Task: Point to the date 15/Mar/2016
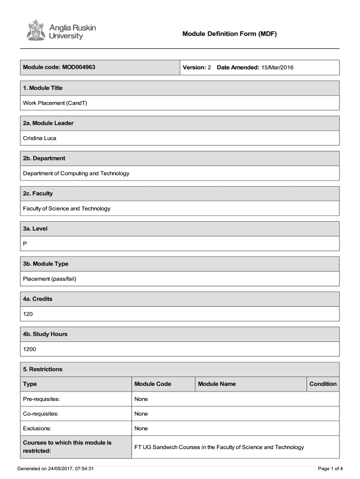click(277, 68)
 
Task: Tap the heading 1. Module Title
click(43, 88)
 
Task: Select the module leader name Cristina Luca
click(40, 138)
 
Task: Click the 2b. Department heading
click(44, 158)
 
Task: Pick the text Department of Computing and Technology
click(76, 173)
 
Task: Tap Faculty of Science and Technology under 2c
click(67, 208)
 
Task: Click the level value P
click(25, 244)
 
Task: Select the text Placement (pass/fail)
click(50, 279)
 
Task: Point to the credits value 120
click(28, 314)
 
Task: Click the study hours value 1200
click(29, 349)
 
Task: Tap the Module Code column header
click(152, 384)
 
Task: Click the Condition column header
click(323, 384)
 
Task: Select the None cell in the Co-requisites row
click(141, 414)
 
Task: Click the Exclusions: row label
click(37, 428)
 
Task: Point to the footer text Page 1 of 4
click(330, 469)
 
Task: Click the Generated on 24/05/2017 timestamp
click(56, 469)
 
